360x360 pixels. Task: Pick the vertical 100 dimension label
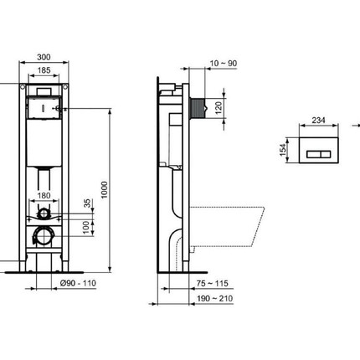(x=87, y=228)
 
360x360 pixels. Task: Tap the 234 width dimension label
(x=319, y=120)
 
